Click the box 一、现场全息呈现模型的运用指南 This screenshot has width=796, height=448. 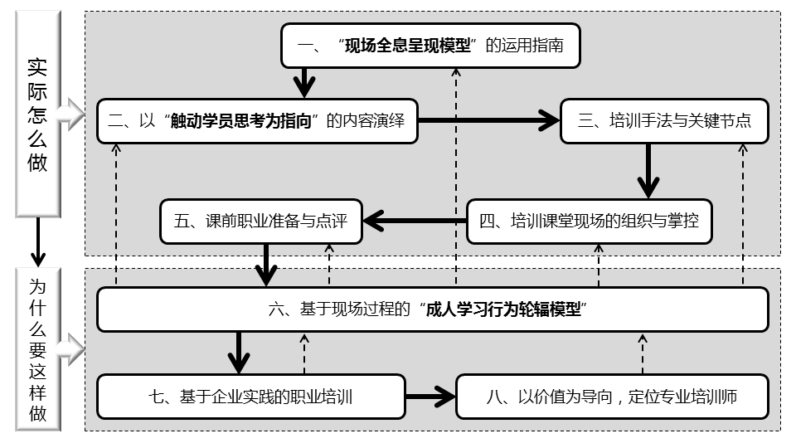point(429,46)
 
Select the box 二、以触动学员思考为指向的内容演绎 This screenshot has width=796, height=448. point(256,121)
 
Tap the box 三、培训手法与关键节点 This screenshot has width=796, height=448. point(664,121)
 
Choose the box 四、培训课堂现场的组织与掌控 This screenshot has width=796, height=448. point(589,222)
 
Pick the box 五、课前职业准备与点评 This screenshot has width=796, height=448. point(261,222)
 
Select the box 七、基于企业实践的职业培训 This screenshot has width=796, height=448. point(251,397)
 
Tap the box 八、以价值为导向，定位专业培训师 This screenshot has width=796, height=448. point(612,397)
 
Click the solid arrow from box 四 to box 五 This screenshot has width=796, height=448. point(415,221)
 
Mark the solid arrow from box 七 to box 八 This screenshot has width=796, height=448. point(431,397)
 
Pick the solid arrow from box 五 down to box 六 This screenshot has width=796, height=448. point(266,265)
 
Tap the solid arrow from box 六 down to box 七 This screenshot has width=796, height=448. point(239,353)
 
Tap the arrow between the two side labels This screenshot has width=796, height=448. point(38,243)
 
